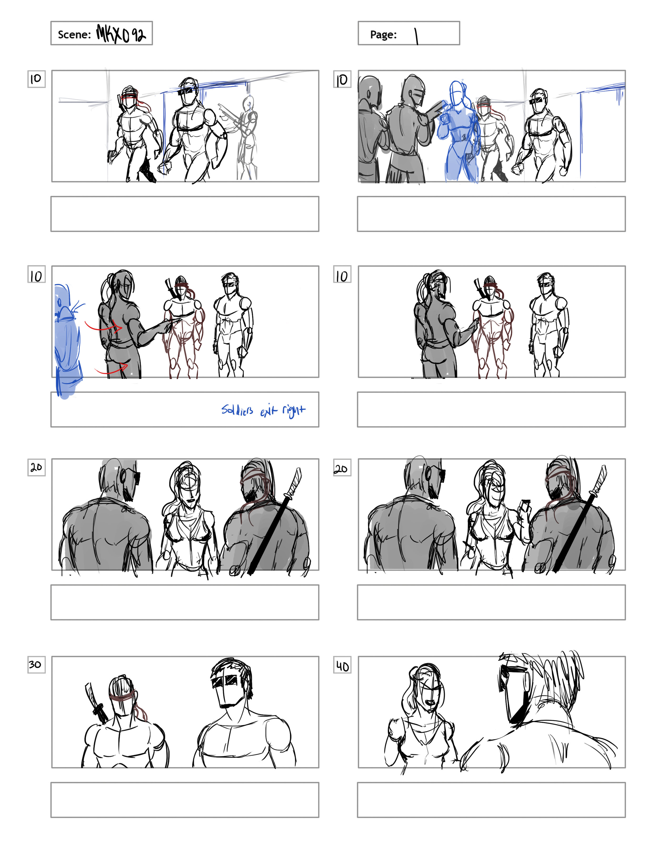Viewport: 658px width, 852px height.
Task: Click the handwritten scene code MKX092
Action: pyautogui.click(x=121, y=34)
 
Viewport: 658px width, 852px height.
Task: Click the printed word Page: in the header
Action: pyautogui.click(x=383, y=35)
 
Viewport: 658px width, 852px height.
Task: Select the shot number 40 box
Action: pyautogui.click(x=342, y=666)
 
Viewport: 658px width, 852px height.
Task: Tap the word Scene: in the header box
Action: pyautogui.click(x=74, y=35)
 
